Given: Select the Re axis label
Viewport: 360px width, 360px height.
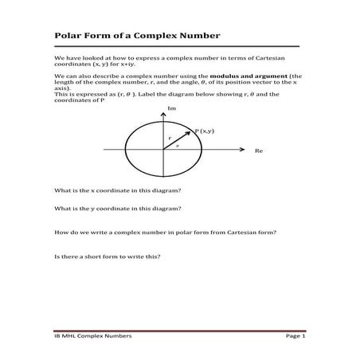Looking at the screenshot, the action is click(x=258, y=150).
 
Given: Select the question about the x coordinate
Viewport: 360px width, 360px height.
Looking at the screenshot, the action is click(x=116, y=190).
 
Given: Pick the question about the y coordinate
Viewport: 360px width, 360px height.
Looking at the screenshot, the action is click(x=116, y=208).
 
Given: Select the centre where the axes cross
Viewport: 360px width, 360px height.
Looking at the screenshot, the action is click(x=163, y=150).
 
